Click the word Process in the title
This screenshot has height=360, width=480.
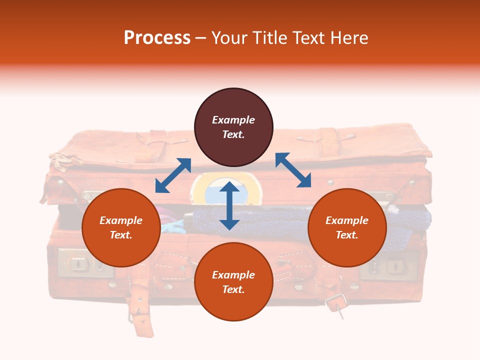coord(157,38)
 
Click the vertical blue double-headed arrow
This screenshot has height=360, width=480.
coord(229,205)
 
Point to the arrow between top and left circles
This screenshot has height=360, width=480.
coord(173,175)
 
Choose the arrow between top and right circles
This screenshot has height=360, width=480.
coord(293,170)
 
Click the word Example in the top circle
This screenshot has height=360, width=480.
coord(233,120)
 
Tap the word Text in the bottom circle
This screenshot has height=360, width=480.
coord(233,289)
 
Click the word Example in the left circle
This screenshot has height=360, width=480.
coord(121,220)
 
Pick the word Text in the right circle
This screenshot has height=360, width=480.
coord(347,235)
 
